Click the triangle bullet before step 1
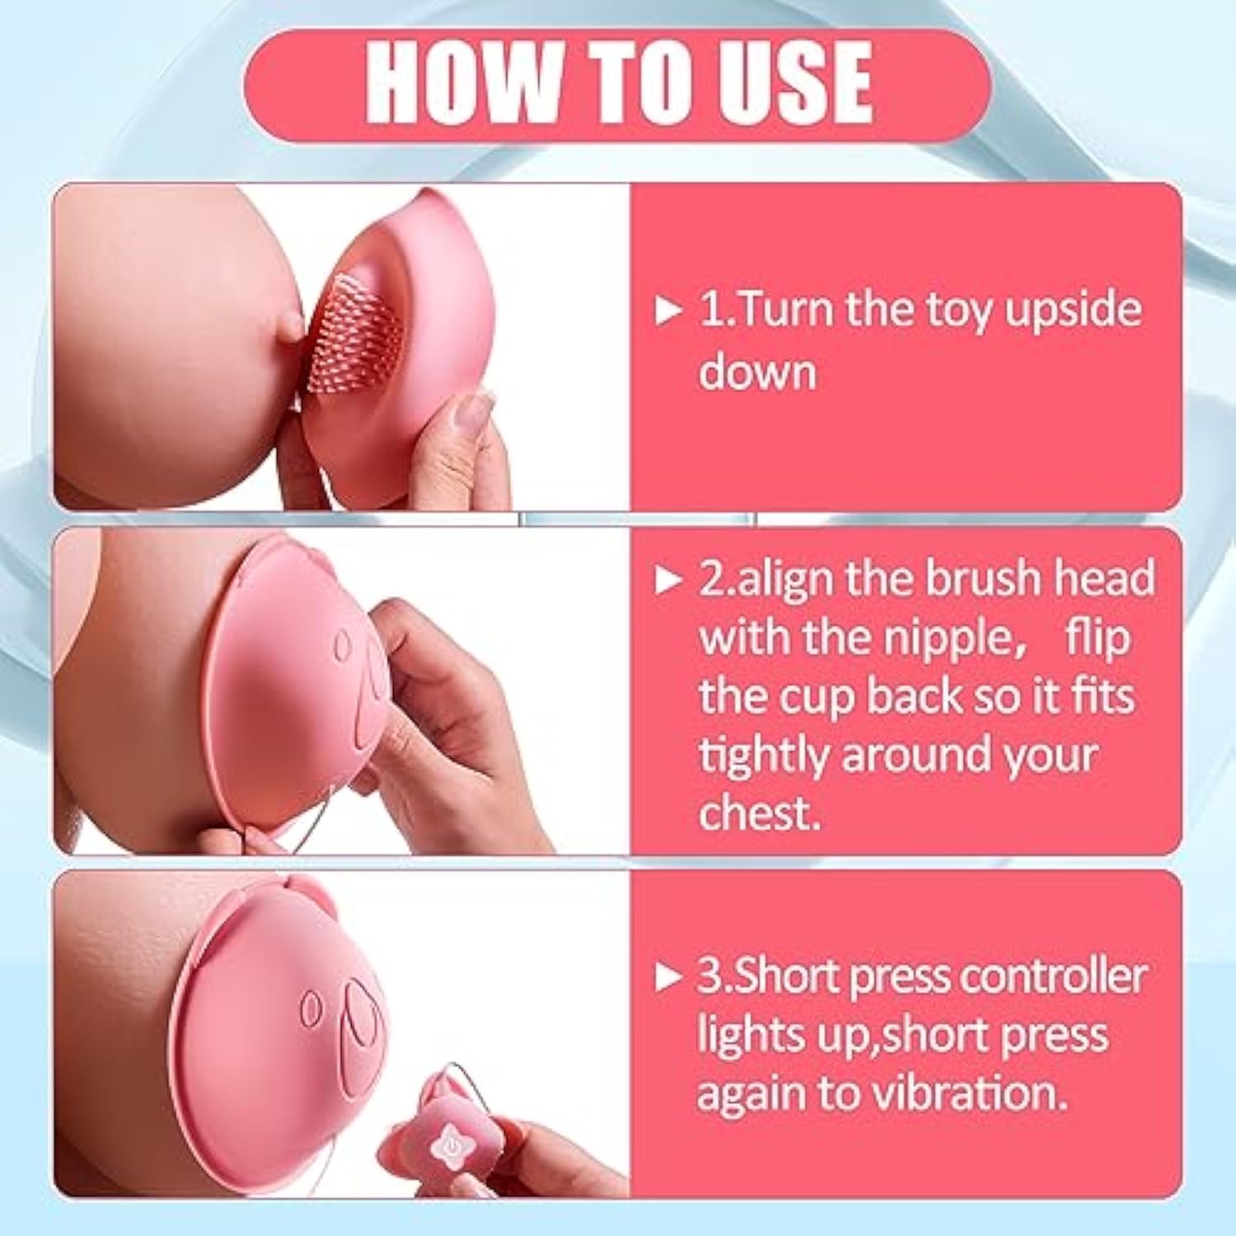pos(668,311)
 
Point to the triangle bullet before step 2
pos(668,581)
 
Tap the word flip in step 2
pos(1098,638)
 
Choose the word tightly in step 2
pos(762,756)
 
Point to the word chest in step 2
pos(760,812)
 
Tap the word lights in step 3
pos(749,1037)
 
